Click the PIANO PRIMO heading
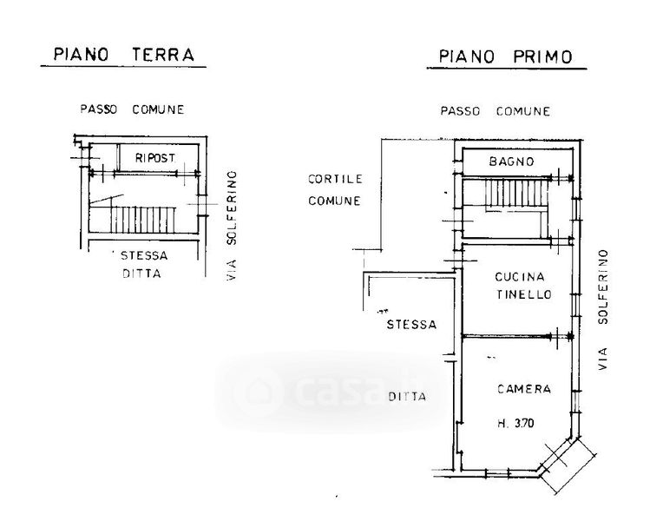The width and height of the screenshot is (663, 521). [x=505, y=57]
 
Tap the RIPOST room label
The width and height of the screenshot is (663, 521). [x=155, y=158]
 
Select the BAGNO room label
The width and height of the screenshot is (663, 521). [x=510, y=162]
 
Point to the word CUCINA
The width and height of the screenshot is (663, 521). [x=519, y=277]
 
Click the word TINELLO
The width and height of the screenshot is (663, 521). [x=522, y=295]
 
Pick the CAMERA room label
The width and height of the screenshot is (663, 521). [x=523, y=390]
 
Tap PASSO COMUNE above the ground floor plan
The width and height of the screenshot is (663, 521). [x=132, y=109]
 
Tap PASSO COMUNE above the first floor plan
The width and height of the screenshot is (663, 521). [x=495, y=111]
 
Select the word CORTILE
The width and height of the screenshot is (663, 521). [x=334, y=180]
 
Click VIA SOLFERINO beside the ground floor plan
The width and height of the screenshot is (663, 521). [x=232, y=226]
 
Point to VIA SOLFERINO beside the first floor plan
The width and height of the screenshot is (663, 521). [x=603, y=311]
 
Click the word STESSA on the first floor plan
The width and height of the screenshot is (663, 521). [x=412, y=325]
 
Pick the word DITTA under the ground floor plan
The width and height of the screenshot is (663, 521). [x=143, y=274]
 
